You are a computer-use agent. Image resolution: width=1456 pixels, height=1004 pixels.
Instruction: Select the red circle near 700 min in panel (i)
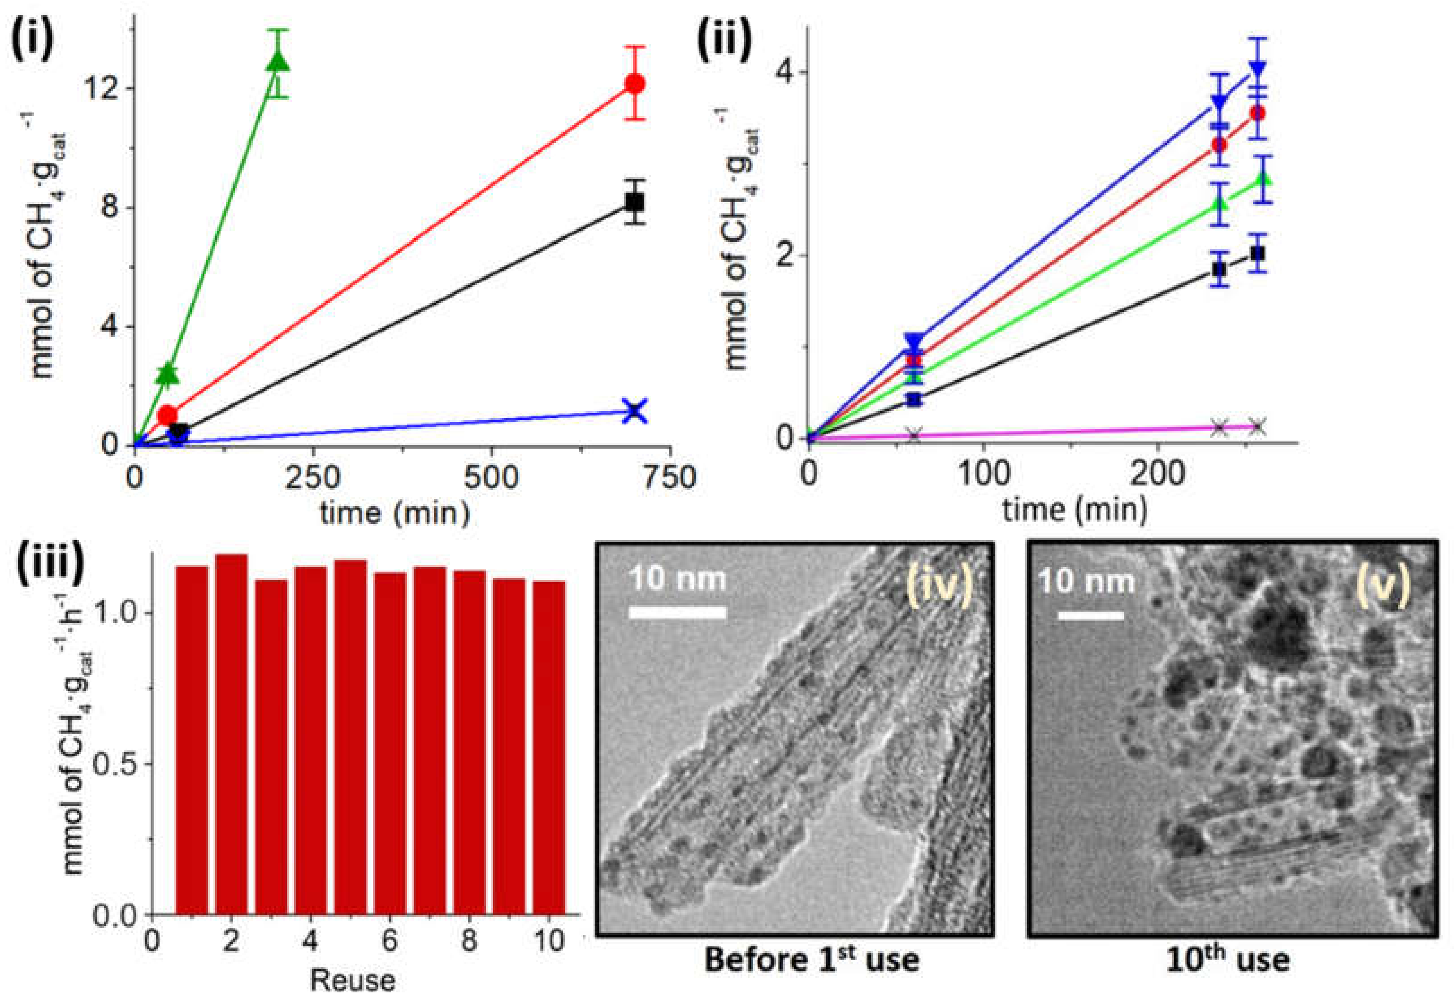tap(634, 84)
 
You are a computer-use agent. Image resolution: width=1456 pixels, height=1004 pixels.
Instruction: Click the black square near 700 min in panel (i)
tap(634, 202)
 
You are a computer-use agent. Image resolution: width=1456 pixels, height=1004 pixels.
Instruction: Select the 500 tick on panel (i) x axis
tap(491, 478)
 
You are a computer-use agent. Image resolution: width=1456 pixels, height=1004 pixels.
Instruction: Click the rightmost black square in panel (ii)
tap(1257, 253)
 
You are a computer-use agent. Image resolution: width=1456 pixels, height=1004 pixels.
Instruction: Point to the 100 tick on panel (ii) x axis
tap(984, 473)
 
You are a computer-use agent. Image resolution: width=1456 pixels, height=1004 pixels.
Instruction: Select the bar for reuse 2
tap(232, 733)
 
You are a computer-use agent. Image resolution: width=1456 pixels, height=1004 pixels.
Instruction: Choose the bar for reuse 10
tap(549, 747)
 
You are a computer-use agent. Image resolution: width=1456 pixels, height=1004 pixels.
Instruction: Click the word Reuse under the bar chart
tap(352, 981)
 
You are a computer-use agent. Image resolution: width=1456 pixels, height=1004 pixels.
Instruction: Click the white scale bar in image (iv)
tap(678, 612)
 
